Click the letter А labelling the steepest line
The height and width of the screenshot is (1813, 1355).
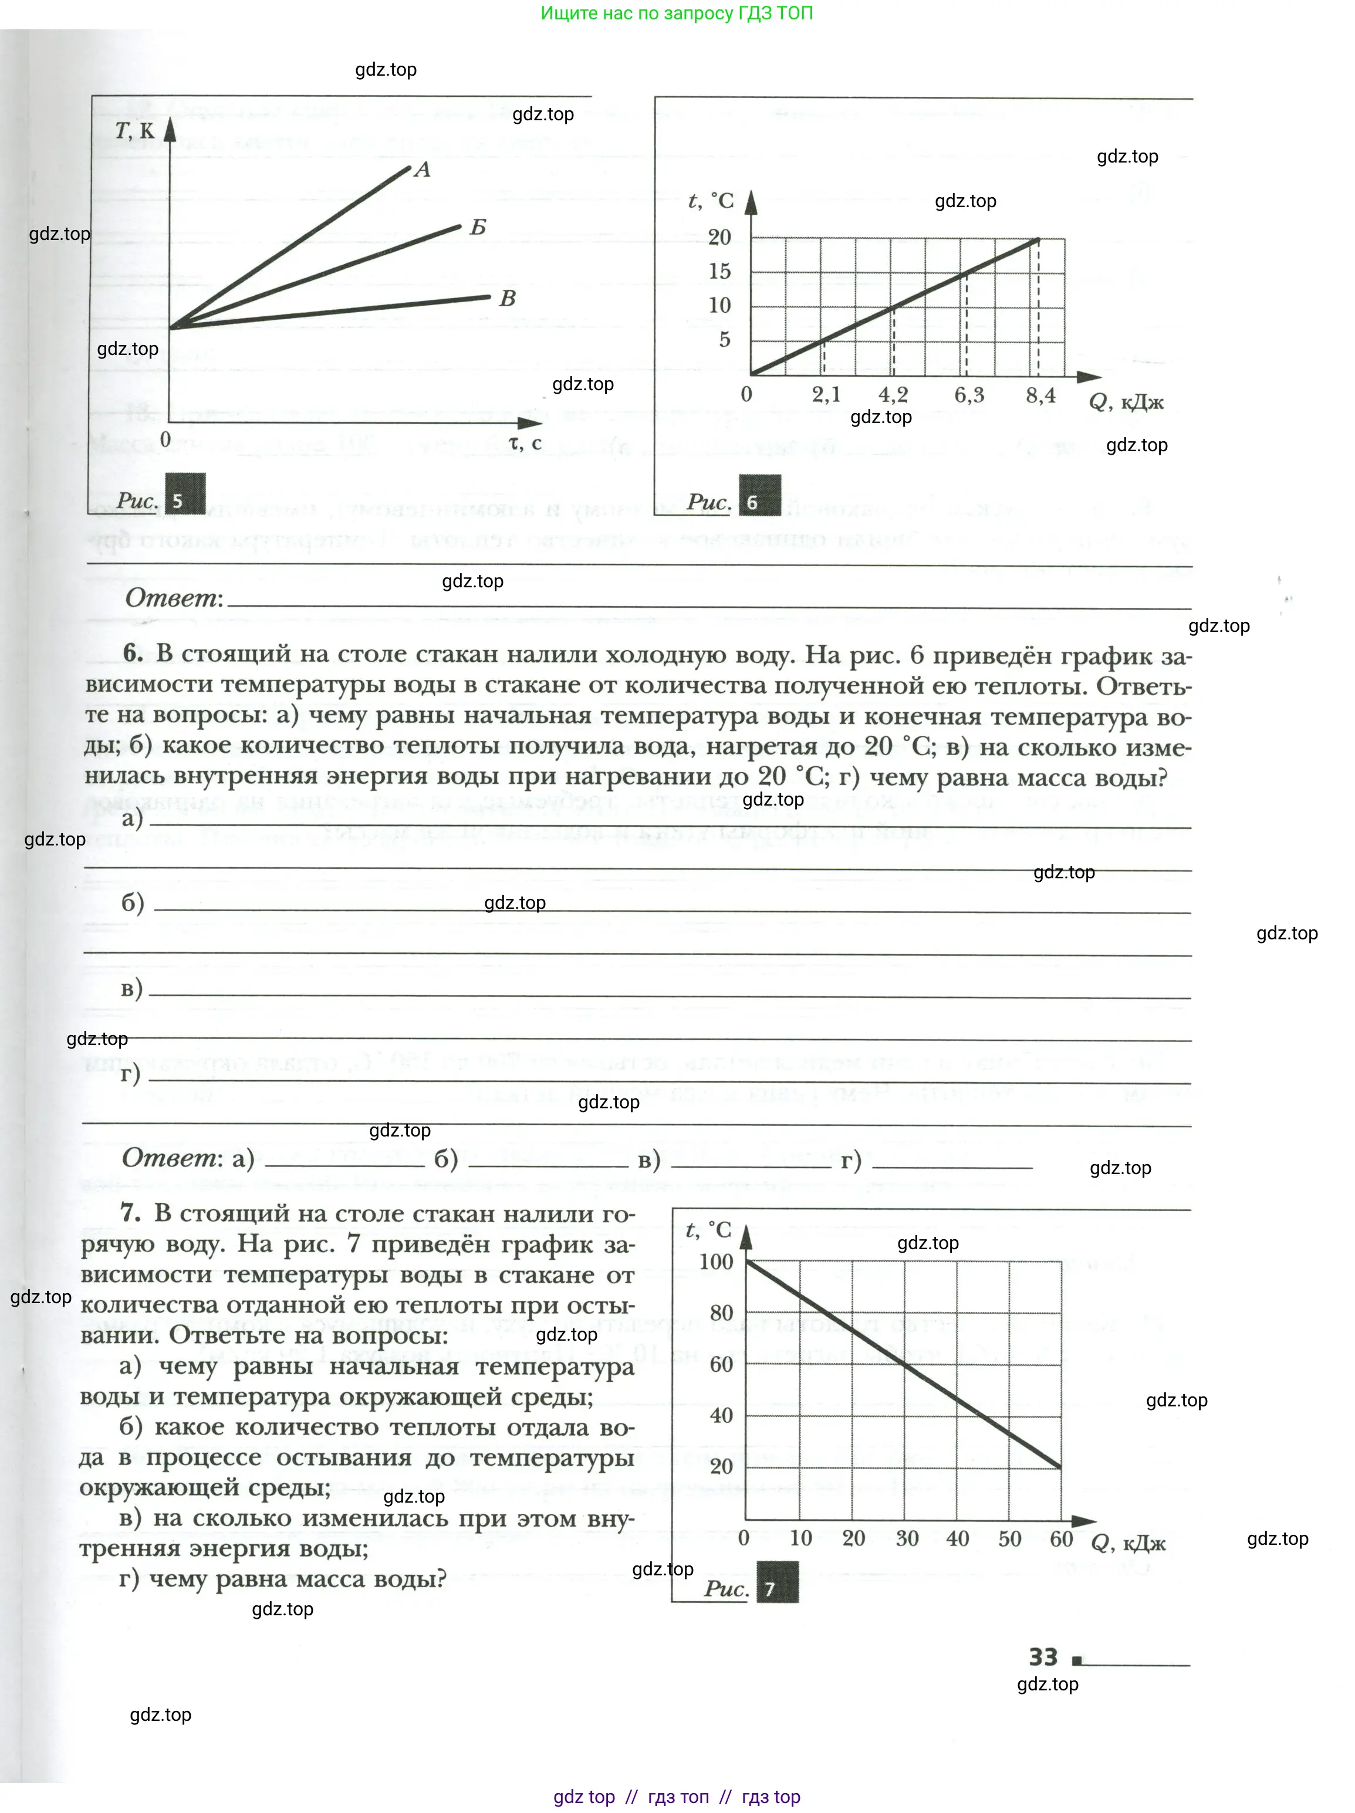click(422, 170)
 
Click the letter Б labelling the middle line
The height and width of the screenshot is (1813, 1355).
click(478, 228)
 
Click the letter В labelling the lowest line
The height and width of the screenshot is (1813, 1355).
click(508, 298)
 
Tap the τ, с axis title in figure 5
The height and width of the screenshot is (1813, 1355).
click(525, 442)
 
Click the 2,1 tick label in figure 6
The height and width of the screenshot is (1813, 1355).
click(826, 394)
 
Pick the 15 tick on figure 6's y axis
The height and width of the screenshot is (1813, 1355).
click(719, 271)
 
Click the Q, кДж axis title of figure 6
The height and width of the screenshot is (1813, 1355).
click(1126, 401)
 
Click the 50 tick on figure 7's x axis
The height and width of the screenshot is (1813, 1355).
click(1009, 1538)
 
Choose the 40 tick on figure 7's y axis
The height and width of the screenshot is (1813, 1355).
click(721, 1415)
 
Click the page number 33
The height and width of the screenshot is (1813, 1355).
click(1043, 1658)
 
